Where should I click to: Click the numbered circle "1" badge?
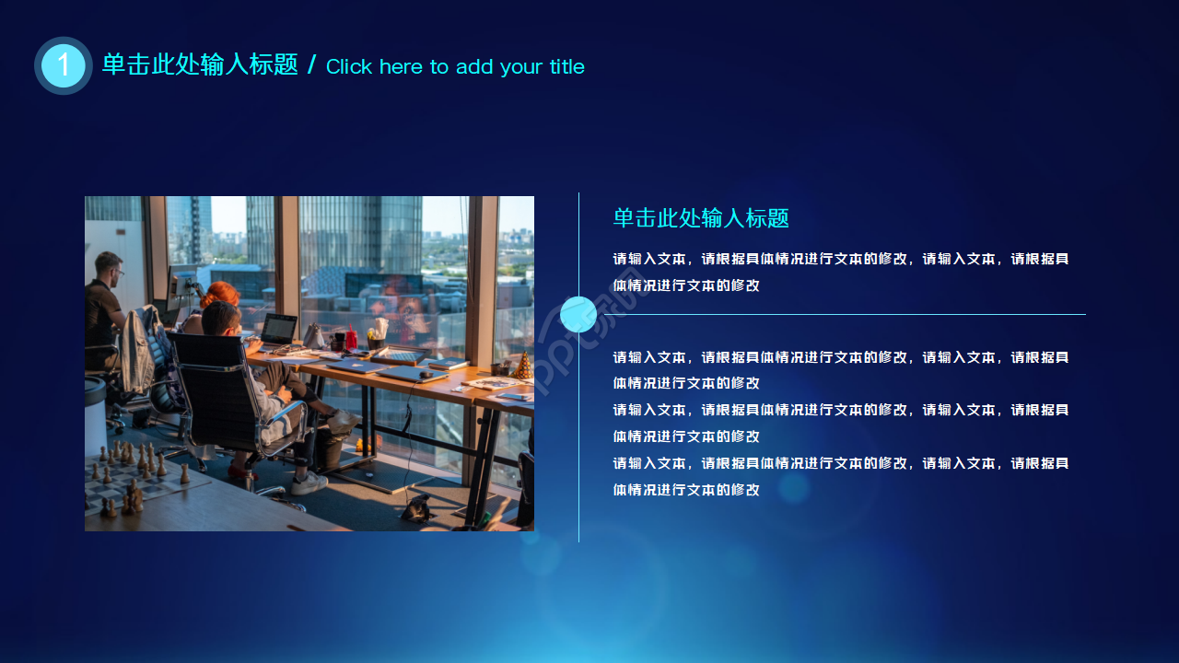[x=64, y=65]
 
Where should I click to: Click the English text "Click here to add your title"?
[x=455, y=67]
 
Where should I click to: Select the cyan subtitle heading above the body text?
[x=701, y=218]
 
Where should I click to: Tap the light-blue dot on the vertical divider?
[x=578, y=315]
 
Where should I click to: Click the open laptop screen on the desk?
[x=279, y=328]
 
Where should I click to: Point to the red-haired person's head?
[x=219, y=293]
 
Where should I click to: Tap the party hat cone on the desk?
[x=523, y=366]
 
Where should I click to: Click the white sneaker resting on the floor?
[x=309, y=483]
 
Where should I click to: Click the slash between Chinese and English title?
[x=312, y=64]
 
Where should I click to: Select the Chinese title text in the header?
[x=200, y=64]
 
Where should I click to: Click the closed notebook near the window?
[x=449, y=364]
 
